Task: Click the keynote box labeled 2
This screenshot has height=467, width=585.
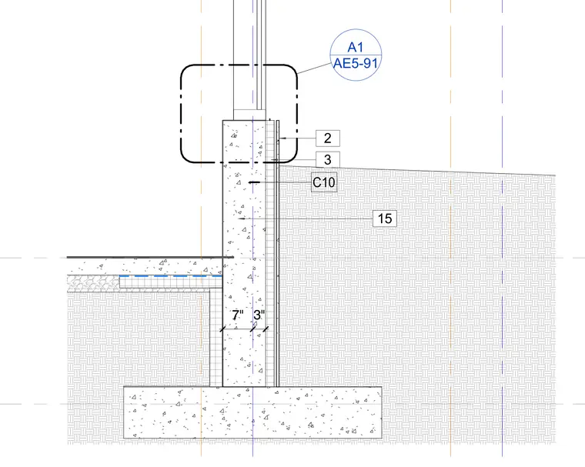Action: pos(328,138)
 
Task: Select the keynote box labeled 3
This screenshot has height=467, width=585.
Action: pos(328,160)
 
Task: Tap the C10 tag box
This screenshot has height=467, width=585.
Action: pos(324,182)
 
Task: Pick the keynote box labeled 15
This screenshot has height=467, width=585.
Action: pos(385,218)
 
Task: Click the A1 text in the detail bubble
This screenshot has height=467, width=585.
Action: pos(355,48)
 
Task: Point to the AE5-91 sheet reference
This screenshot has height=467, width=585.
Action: pos(356,63)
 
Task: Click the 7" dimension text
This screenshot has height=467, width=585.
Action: pos(238,315)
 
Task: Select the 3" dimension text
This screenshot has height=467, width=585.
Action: pos(259,315)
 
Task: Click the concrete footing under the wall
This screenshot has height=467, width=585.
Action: pos(252,412)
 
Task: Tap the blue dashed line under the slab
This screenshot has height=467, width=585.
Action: pos(171,276)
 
